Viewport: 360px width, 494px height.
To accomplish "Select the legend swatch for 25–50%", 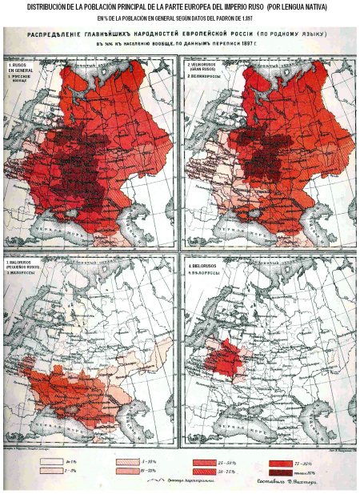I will tap(209, 463).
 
